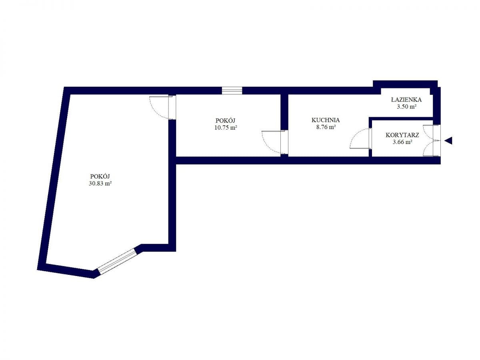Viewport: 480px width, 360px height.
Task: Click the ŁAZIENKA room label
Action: pos(406,100)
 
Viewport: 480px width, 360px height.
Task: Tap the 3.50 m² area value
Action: pos(406,107)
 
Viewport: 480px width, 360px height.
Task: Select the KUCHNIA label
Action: pos(326,120)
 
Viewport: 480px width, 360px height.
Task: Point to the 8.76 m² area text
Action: pos(326,127)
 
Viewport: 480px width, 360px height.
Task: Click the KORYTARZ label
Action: pos(402,135)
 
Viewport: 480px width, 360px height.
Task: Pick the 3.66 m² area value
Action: pos(402,142)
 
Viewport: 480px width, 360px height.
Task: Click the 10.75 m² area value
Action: pos(226,128)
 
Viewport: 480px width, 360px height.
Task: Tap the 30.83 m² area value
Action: pos(100,183)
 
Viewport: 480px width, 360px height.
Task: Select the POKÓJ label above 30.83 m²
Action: pos(100,176)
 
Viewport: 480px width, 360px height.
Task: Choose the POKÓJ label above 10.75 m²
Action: pos(226,120)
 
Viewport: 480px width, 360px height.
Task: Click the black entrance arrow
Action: pos(448,140)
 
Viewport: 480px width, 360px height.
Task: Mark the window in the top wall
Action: pos(232,90)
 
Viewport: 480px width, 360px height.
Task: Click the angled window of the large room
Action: pos(118,262)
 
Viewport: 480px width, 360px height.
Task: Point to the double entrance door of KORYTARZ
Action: pos(432,140)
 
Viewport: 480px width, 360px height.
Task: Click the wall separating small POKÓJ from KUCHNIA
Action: pos(284,112)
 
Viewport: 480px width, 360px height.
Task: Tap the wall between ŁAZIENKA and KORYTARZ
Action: pos(401,119)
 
